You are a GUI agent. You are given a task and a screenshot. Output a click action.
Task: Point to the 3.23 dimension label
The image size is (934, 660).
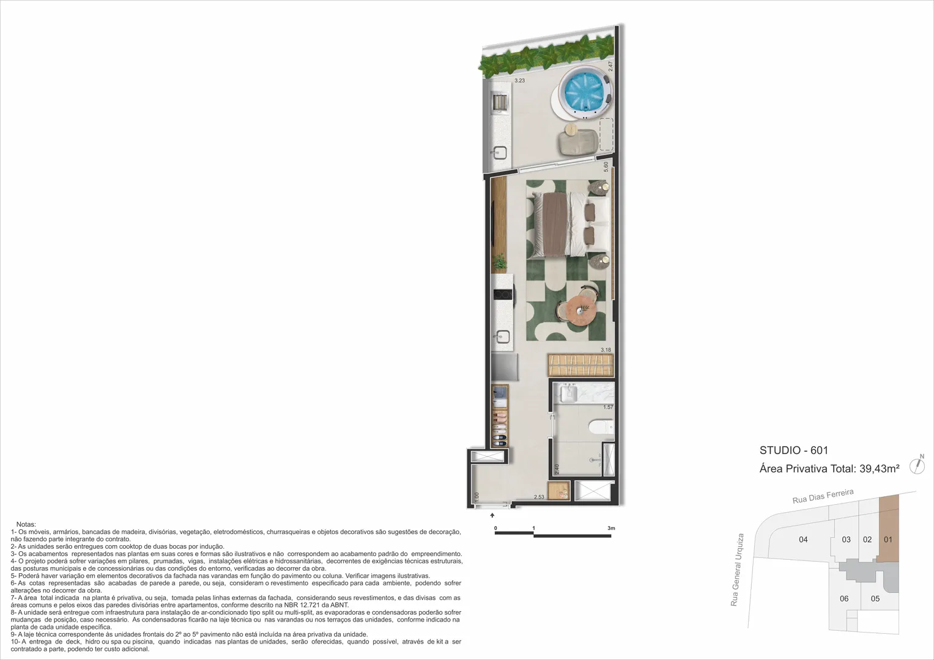519,81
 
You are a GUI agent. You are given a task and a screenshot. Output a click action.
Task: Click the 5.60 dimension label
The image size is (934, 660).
606,167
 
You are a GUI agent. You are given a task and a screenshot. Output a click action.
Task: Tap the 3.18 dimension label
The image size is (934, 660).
606,350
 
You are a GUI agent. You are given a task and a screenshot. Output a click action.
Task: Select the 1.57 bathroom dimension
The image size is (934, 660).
609,406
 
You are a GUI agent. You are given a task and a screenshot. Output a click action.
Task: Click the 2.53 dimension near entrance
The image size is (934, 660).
539,497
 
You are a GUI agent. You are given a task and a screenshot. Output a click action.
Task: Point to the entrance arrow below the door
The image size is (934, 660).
492,515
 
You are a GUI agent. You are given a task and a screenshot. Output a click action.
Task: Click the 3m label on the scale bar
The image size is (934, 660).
611,528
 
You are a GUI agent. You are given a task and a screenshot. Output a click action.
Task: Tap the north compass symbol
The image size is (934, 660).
917,465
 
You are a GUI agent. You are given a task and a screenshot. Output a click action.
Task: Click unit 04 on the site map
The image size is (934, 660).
803,540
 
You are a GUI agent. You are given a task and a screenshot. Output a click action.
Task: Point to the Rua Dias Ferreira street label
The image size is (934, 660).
823,496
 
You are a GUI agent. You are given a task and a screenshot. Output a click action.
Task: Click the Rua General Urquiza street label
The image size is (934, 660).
737,570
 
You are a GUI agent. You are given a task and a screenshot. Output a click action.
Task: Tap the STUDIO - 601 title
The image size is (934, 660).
794,450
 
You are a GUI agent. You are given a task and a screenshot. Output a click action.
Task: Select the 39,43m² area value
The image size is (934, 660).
880,469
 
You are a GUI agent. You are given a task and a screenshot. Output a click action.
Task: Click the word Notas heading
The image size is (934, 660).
26,524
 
